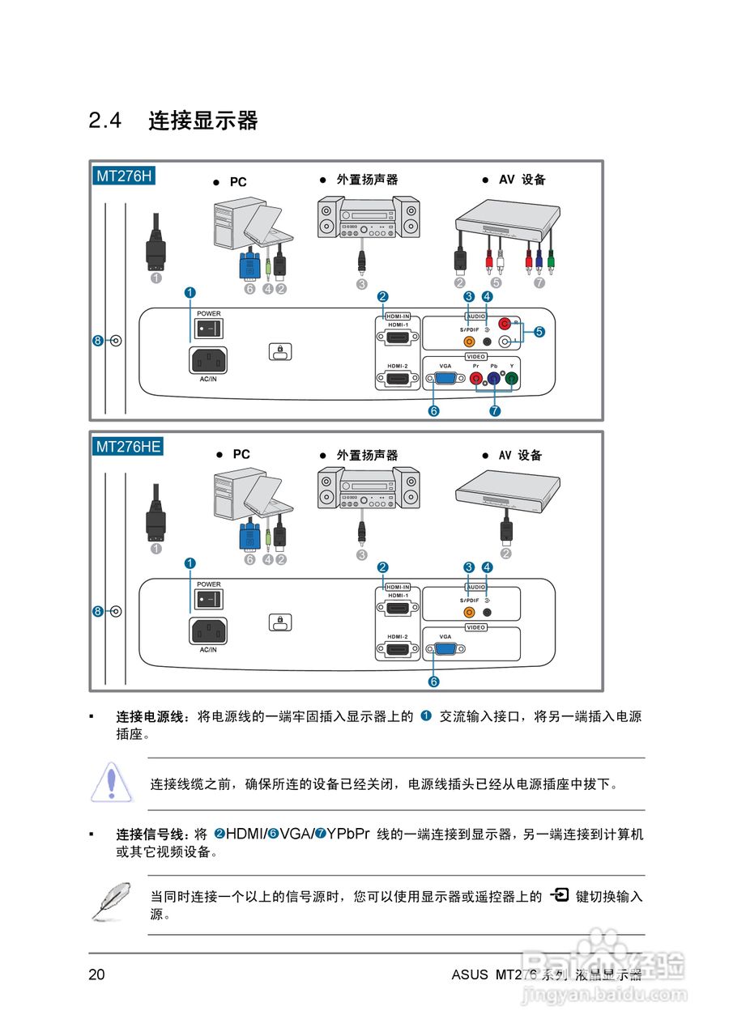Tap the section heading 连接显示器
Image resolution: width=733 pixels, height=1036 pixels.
coord(202,121)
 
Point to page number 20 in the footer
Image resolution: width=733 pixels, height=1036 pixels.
coord(96,974)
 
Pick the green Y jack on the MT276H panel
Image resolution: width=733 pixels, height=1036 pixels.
coord(512,378)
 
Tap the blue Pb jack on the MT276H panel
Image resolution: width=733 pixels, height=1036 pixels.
coord(494,378)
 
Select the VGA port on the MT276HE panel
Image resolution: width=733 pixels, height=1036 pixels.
coord(445,649)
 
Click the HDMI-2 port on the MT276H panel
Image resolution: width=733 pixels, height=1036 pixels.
coord(397,378)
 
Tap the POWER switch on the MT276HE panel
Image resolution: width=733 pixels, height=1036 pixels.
coord(208,599)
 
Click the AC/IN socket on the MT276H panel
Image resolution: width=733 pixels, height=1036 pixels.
coord(208,359)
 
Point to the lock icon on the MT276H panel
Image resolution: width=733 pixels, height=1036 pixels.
coord(279,351)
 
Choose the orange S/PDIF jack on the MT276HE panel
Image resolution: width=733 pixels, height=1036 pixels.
coord(469,613)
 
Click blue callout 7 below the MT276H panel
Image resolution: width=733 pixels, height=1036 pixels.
coord(494,411)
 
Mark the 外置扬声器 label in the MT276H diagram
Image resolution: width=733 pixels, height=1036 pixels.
coord(368,180)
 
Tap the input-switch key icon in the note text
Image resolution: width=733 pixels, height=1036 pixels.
coord(559,895)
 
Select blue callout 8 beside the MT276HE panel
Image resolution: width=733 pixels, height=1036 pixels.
coord(98,612)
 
